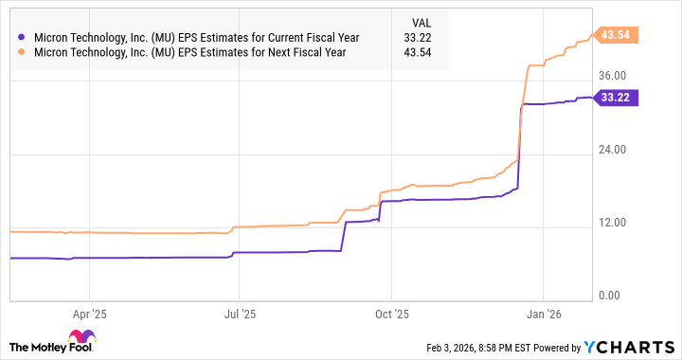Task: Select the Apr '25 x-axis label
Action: tap(88, 312)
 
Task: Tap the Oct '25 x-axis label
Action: tap(391, 312)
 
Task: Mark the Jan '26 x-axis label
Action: tap(543, 312)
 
